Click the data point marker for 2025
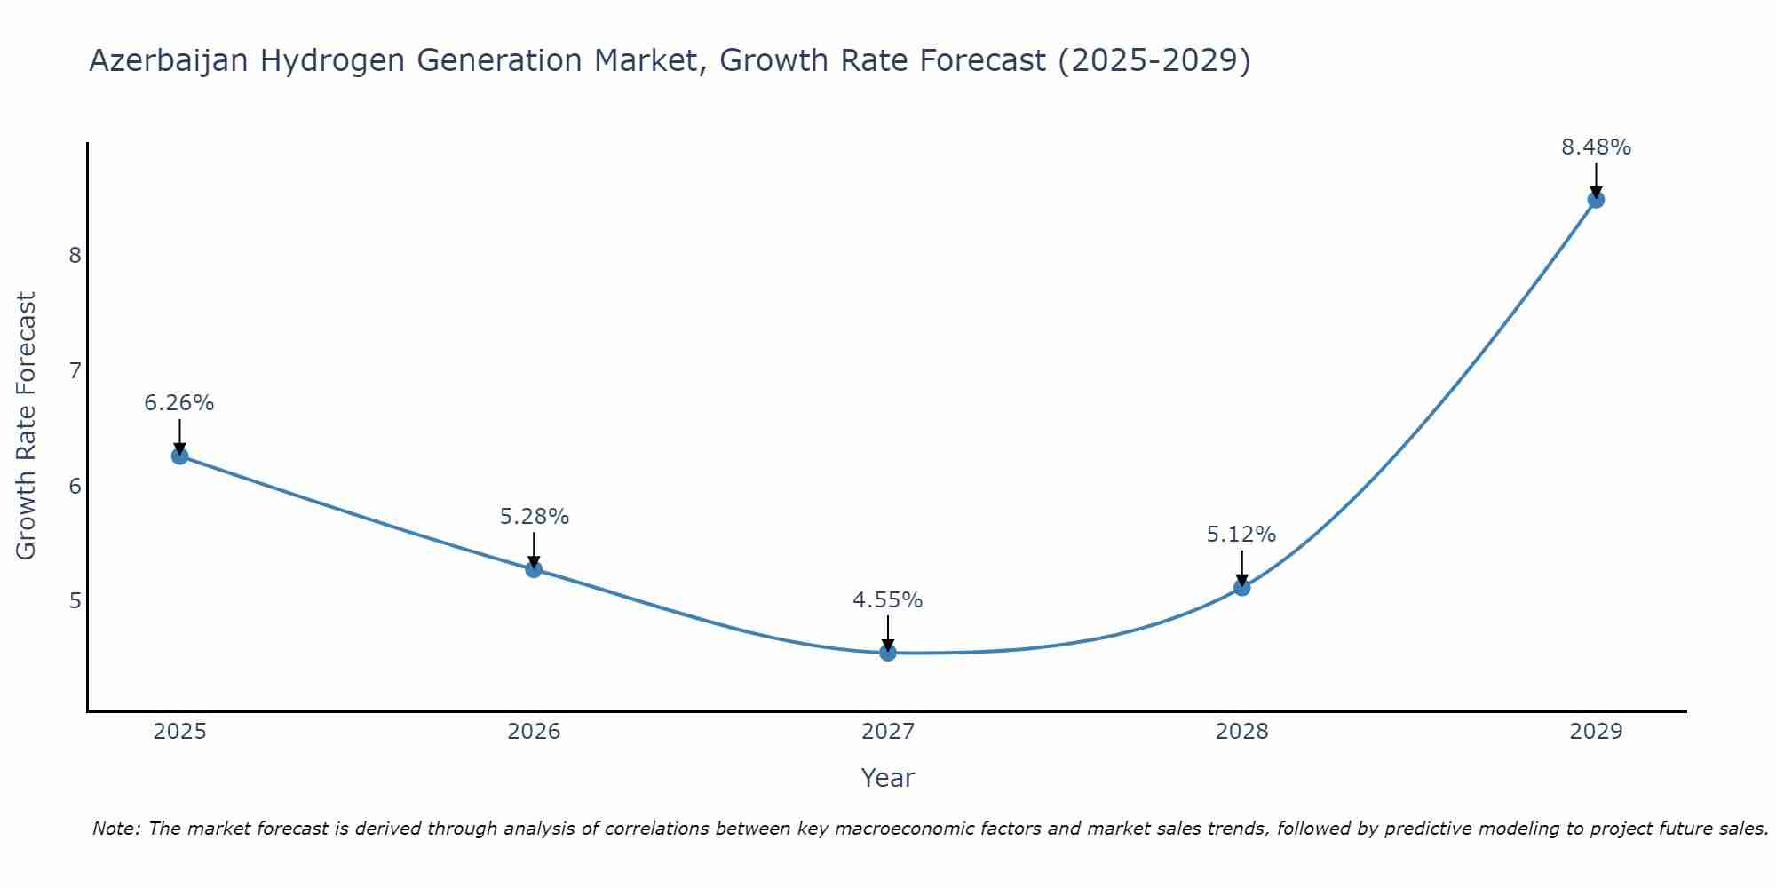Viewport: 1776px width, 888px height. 179,456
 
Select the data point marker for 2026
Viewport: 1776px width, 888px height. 534,569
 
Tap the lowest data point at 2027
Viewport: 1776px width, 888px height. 888,653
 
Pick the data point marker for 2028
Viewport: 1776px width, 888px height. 1241,587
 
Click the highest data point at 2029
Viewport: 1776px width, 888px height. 1596,200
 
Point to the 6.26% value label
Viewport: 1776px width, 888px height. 179,403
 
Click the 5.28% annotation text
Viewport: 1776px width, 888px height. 534,516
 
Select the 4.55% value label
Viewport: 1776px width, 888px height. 888,600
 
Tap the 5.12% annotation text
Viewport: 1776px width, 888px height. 1241,535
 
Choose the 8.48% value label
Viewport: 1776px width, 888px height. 1596,147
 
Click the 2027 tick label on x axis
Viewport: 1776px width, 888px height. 888,732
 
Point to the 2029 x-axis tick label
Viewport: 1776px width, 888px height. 1596,732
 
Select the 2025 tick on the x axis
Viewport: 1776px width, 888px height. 179,732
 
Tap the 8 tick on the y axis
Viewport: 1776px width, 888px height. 75,256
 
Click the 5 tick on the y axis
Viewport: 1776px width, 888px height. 75,601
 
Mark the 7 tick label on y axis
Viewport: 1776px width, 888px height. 75,370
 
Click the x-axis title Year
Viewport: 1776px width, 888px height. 888,778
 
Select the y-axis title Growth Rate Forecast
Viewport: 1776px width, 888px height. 27,426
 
